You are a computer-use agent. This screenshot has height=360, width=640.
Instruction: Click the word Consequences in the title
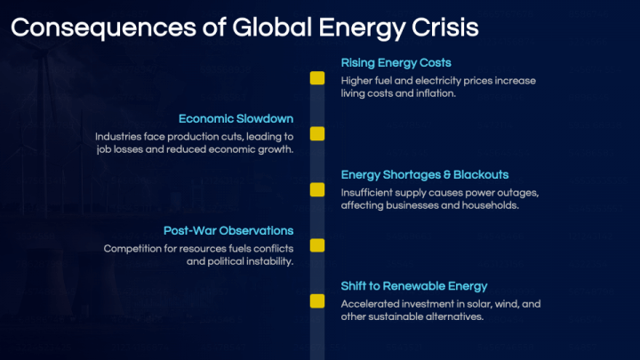[x=104, y=28]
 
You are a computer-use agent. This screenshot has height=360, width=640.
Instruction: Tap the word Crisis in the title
[x=445, y=28]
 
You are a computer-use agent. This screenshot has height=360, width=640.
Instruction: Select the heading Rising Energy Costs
[x=396, y=63]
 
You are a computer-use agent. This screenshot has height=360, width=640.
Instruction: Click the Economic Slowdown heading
[x=236, y=119]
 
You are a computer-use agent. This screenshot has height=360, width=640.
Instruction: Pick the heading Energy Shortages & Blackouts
[x=425, y=175]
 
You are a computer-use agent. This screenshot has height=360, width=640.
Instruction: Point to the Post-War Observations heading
[x=228, y=230]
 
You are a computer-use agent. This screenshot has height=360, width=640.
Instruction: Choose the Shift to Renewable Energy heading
[x=414, y=286]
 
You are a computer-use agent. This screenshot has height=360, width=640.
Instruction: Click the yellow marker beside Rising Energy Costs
[x=317, y=78]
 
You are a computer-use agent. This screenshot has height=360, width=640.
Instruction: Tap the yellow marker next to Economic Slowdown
[x=317, y=134]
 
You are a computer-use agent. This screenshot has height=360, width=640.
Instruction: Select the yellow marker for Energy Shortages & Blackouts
[x=317, y=190]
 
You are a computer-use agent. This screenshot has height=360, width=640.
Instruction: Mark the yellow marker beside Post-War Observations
[x=317, y=245]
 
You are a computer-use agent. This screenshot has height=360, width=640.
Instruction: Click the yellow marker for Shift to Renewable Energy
[x=317, y=301]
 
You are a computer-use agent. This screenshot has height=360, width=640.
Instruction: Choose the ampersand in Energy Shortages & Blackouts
[x=446, y=175]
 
